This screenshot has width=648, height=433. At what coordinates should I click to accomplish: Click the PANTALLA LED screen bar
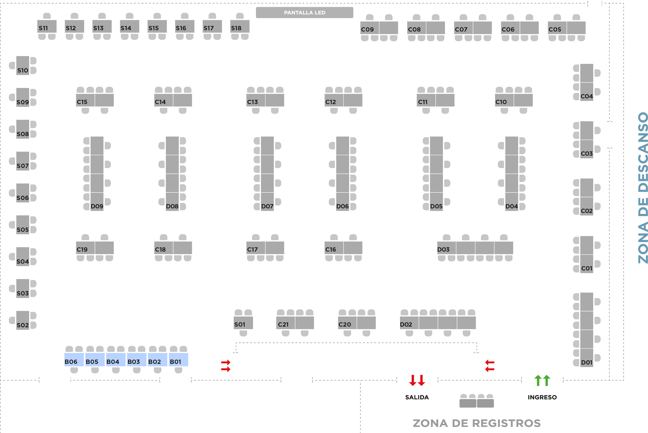(304, 13)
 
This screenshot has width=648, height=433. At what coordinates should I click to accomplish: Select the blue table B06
(74, 360)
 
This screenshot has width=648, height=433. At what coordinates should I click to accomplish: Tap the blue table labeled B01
(178, 360)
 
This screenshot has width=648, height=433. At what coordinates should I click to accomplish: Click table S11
(47, 27)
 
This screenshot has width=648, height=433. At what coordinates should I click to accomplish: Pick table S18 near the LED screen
(240, 27)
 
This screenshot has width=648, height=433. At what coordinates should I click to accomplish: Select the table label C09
(368, 29)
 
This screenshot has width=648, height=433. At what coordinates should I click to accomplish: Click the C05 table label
(555, 29)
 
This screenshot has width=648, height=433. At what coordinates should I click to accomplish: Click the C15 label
(82, 102)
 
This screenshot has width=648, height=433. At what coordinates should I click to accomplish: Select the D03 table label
(443, 249)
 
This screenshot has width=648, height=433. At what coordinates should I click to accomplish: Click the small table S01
(243, 323)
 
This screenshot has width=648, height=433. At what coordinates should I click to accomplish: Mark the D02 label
(406, 325)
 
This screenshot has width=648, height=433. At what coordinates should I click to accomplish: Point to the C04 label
(587, 96)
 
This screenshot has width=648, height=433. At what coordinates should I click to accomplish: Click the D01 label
(587, 362)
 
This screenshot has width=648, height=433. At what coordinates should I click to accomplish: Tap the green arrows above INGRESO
(542, 380)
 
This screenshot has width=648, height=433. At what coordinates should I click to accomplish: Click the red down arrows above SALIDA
(417, 380)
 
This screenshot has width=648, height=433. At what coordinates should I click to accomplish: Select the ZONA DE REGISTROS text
(477, 423)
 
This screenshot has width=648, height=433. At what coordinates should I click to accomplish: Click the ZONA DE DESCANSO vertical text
(643, 188)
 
